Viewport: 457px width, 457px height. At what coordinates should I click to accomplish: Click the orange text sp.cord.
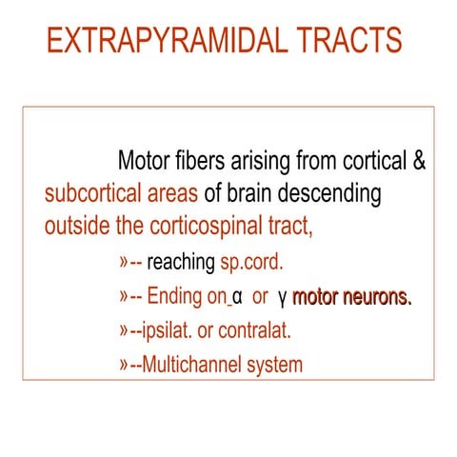pos(251,263)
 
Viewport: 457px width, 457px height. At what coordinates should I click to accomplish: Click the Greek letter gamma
pos(283,299)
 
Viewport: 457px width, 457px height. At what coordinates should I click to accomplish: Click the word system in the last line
pos(277,366)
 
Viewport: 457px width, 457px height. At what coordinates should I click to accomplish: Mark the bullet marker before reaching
pos(123,263)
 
